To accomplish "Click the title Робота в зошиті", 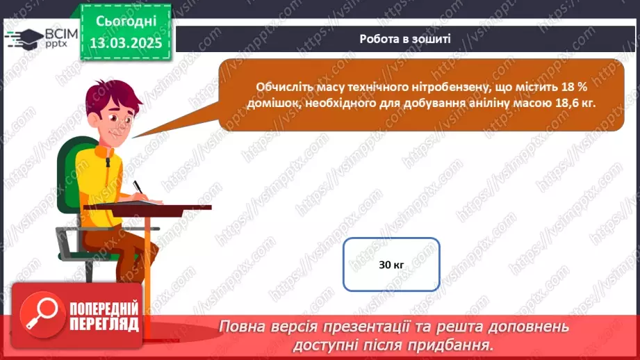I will point(405,39).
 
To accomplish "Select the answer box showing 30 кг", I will point(392,265).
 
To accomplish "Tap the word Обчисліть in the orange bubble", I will point(283,87).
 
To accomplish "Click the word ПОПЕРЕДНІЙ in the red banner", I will point(105,306).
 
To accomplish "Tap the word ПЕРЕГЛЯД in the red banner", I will point(104,323).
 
